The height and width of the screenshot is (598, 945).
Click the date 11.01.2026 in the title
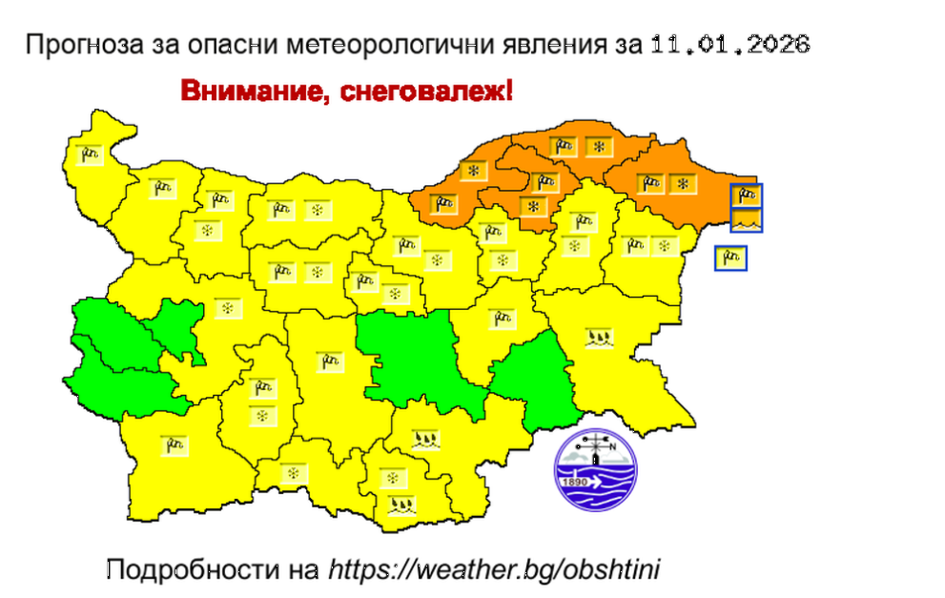[729, 44]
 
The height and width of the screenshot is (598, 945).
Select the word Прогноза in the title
[72, 45]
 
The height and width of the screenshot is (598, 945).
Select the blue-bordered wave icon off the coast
[744, 220]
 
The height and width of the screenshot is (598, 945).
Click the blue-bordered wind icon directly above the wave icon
[744, 196]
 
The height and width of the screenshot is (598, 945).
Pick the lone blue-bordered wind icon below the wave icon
[731, 258]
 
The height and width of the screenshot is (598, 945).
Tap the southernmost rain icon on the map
[402, 505]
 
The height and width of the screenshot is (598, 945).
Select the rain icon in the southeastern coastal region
[599, 337]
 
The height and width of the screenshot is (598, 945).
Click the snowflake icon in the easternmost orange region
[682, 182]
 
